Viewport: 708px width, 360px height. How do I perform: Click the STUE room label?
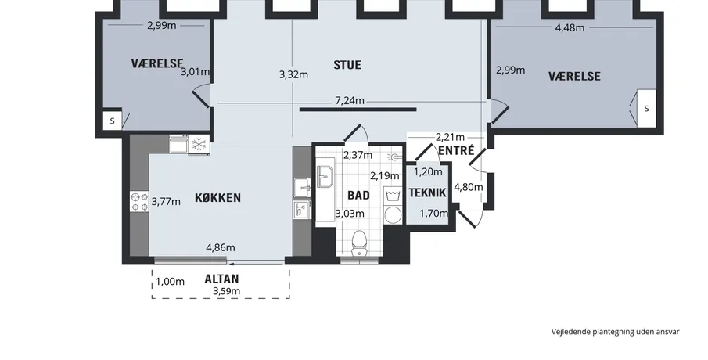(347, 65)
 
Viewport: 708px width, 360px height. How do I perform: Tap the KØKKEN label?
(217, 198)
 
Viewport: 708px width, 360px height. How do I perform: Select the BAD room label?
(358, 195)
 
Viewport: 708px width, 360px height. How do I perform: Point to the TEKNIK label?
(427, 193)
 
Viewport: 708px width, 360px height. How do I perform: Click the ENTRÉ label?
(456, 150)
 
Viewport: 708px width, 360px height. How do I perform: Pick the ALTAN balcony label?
(221, 279)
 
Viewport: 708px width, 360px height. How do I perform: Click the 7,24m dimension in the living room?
(350, 100)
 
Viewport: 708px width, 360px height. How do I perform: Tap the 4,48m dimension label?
(570, 27)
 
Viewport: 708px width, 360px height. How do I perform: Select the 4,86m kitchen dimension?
(221, 247)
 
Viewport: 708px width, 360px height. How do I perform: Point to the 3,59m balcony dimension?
(227, 291)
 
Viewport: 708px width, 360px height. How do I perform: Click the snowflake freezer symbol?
(199, 145)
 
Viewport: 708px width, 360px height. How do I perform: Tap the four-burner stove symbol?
(139, 201)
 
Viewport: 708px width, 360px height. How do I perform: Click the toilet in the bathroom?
(359, 244)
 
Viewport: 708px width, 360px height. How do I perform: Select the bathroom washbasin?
(325, 176)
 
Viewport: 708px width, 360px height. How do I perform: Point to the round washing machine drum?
(393, 215)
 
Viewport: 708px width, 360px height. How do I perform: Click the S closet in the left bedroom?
(113, 121)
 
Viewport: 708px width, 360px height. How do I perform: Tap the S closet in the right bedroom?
(646, 109)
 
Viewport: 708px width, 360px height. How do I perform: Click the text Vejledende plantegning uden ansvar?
(615, 332)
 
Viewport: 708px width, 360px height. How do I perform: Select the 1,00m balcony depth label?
(171, 282)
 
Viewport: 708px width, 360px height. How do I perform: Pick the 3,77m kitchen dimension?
(166, 201)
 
